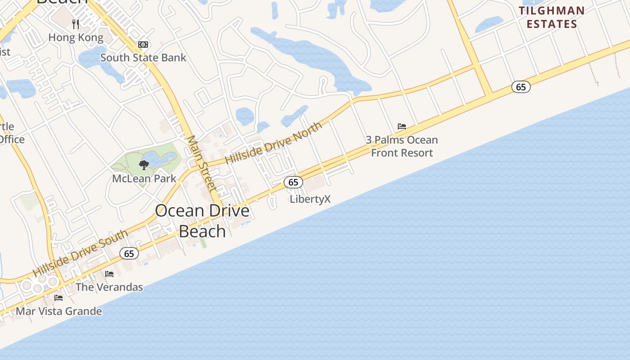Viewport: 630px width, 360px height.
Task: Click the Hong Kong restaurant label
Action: click(76, 38)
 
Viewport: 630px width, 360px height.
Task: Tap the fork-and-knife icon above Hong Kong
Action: click(76, 24)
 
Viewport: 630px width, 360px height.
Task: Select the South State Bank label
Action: click(143, 58)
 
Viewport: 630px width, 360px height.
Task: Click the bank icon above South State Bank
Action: click(143, 45)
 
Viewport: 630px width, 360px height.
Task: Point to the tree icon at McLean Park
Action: click(144, 165)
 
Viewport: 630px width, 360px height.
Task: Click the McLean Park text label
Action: click(144, 179)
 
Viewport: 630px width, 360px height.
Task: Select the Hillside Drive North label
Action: click(274, 142)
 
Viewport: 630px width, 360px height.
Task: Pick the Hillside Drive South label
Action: click(80, 253)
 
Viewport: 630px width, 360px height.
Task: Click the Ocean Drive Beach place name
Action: click(202, 220)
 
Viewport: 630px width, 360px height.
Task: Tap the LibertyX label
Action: click(310, 199)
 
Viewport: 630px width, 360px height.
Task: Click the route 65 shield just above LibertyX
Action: click(293, 182)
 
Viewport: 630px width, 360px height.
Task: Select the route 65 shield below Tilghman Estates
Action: click(521, 87)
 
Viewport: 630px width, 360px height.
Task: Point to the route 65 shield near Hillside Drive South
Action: click(129, 254)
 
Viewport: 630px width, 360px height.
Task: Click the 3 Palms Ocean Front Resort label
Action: click(401, 146)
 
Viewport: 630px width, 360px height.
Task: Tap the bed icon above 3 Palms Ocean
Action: click(402, 126)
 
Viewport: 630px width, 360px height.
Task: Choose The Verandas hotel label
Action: click(109, 287)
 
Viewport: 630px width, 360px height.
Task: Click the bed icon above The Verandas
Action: click(109, 274)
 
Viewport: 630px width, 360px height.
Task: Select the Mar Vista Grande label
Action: click(59, 311)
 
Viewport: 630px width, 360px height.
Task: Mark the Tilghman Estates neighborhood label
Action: click(552, 17)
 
